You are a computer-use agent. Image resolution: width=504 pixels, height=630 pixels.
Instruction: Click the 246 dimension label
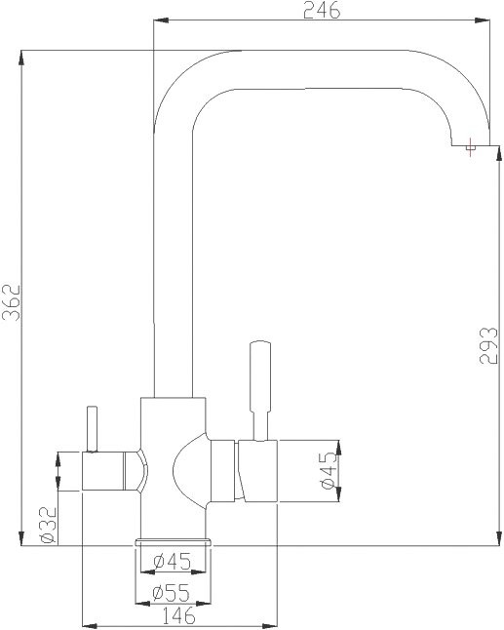coord(321,11)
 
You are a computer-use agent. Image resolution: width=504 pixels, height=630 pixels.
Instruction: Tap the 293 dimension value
coord(489,347)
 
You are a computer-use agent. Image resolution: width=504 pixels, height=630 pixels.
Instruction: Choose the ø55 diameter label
coord(171,592)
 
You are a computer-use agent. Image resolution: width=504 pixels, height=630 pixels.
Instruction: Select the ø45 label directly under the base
coord(172,562)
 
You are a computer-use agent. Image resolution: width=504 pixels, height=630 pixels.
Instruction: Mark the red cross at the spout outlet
coord(472,147)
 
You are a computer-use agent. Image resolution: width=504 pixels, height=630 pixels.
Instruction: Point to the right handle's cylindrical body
coord(255,471)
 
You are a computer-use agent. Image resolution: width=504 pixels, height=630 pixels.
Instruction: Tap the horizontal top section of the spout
coord(322,69)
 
